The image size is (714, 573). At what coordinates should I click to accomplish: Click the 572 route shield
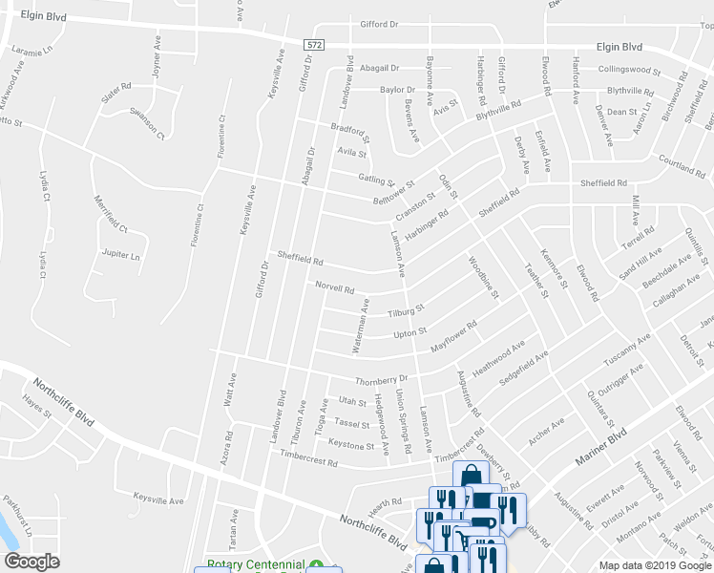coord(314,45)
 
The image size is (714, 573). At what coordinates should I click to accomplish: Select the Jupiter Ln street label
coord(120,256)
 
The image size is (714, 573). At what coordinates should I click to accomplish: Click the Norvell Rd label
coord(335,286)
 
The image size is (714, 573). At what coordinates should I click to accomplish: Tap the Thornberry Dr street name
coord(381,379)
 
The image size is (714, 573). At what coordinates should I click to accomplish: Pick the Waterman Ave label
coord(359,327)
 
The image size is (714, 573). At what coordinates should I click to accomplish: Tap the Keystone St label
coord(351,445)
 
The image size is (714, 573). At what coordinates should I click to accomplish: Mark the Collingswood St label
coord(629,70)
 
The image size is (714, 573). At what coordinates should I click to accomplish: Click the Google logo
coord(31,562)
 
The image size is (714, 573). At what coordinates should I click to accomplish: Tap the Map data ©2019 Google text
coord(655,565)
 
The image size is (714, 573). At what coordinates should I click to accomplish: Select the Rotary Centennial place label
coord(256,565)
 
